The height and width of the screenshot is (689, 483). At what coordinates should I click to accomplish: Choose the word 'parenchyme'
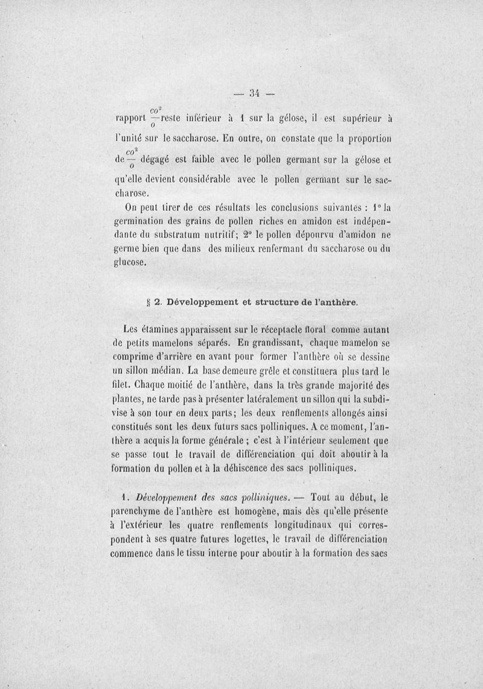tap(142, 513)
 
